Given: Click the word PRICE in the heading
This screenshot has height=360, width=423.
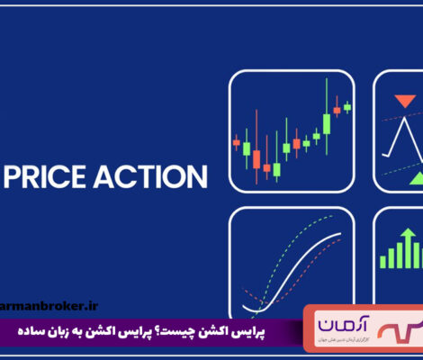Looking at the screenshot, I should pyautogui.click(x=51, y=172).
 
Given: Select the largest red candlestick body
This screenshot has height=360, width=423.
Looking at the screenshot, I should pyautogui.click(x=256, y=159).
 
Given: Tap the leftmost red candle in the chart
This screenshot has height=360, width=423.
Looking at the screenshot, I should pyautogui.click(x=237, y=142).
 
